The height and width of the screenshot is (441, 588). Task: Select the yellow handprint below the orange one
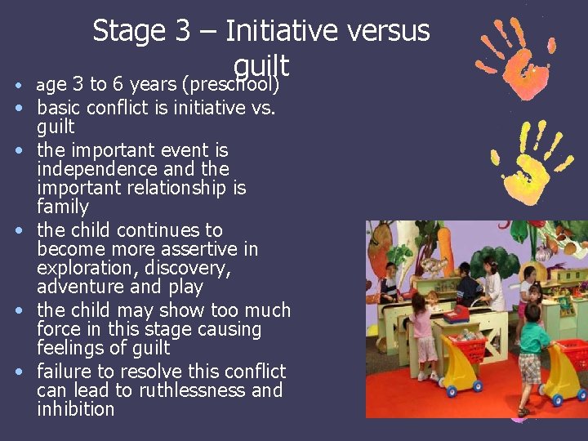click(527, 163)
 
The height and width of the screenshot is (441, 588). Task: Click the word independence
click(92, 169)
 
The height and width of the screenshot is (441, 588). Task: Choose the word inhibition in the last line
click(76, 409)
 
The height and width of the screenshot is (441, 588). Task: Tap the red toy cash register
click(456, 313)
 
